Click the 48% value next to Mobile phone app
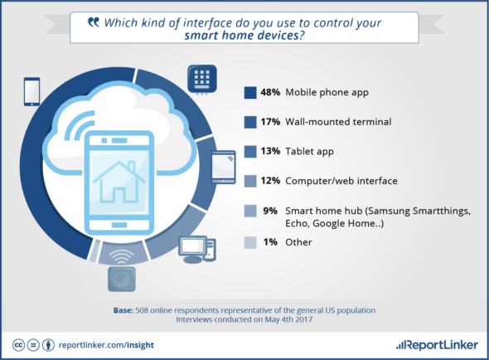[x=270, y=92]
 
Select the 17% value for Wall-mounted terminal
[x=270, y=122]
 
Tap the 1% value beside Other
[x=270, y=242]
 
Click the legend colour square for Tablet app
[x=250, y=152]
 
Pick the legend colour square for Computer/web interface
[x=250, y=181]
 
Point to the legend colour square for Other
[x=250, y=242]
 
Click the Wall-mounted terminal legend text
[x=338, y=122]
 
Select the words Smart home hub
[x=324, y=211]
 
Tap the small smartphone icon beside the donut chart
[x=31, y=91]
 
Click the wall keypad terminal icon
[x=202, y=79]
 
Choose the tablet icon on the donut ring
[x=224, y=167]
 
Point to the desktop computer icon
[x=197, y=249]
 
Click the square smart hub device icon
[x=122, y=280]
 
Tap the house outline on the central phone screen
[x=119, y=182]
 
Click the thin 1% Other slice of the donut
[x=94, y=251]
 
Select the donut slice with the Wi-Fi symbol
[x=123, y=253]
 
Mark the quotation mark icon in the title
[x=94, y=22]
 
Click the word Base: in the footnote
[x=123, y=310]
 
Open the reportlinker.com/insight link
[x=106, y=345]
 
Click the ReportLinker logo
[x=437, y=345]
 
